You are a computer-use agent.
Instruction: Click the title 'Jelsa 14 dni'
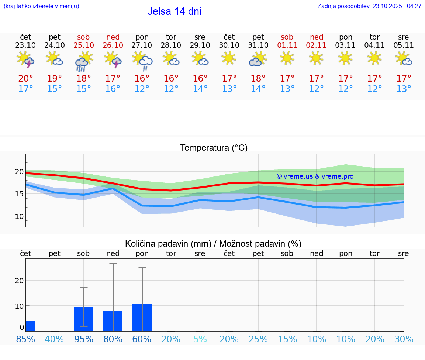174,11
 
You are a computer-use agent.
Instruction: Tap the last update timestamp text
369,6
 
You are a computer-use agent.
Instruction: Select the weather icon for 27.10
142,61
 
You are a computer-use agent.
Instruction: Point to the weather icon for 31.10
258,59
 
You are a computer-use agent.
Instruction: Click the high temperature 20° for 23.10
25,78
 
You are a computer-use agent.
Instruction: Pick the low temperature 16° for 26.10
113,89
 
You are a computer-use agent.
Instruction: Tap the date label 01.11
287,45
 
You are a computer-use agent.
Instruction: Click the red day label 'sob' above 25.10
83,37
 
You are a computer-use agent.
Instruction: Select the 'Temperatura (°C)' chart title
214,148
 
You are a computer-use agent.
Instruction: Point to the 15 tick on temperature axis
19,194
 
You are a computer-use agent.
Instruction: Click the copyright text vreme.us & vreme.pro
315,176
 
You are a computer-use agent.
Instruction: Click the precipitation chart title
213,244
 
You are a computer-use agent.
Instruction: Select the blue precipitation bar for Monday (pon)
142,318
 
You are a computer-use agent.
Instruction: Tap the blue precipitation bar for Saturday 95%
83,319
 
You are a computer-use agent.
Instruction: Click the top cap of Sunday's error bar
113,264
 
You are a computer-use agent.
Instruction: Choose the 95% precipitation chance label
83,339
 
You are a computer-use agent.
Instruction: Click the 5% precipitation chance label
200,339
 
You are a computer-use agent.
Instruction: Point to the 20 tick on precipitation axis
19,280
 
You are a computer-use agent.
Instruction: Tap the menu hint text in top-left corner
41,6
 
